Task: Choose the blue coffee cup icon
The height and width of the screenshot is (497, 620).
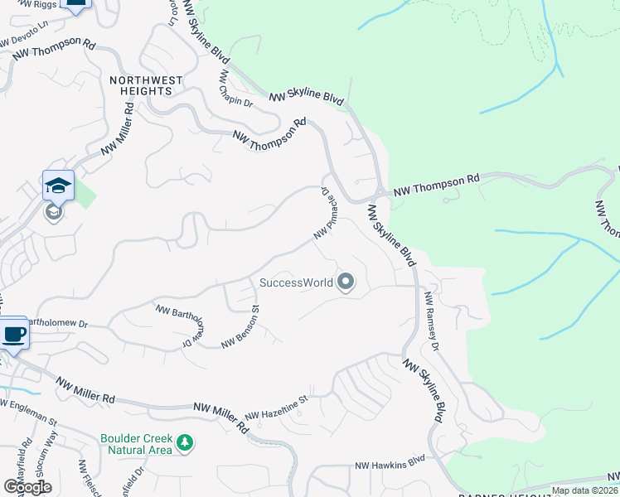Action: coord(12,335)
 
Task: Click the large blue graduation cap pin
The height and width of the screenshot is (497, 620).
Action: coord(58,186)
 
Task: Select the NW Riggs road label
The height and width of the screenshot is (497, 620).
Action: coord(25,6)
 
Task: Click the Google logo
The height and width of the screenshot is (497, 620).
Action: coord(27,486)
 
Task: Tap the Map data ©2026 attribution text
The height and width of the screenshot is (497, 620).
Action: coord(585,490)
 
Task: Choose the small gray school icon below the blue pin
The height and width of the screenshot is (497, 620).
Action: coord(54,213)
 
